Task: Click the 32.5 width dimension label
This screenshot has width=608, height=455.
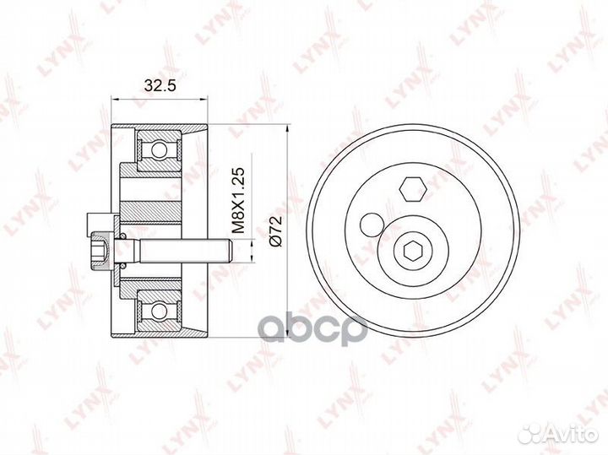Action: tap(160, 85)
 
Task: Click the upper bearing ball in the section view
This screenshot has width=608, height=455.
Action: tap(159, 149)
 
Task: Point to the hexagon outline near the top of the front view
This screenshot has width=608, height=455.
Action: tap(413, 189)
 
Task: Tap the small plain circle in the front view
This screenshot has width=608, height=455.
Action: tap(372, 225)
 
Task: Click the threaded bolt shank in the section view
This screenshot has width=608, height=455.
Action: tap(185, 252)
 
